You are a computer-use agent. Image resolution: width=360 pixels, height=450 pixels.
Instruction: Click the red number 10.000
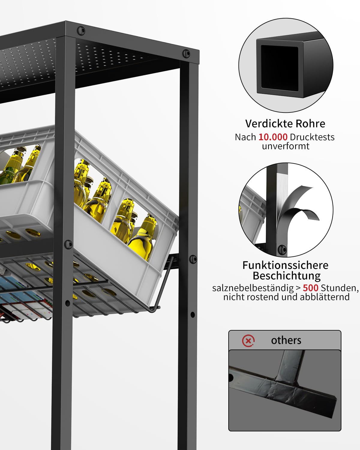point(273,137)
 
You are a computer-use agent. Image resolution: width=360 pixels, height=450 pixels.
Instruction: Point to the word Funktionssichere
point(285,265)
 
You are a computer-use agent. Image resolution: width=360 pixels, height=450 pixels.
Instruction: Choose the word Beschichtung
point(286,276)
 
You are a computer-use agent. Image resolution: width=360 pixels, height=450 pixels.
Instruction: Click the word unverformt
point(286,146)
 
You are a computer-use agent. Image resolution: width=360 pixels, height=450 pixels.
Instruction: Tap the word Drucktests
point(312,137)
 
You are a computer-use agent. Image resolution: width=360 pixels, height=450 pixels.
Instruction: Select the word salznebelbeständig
point(253,288)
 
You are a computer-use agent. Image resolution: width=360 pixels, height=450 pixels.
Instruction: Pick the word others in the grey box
point(286,340)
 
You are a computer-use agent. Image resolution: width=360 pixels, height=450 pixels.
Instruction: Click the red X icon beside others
point(248,341)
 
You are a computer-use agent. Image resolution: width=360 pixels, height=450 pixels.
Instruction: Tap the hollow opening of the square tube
point(280,68)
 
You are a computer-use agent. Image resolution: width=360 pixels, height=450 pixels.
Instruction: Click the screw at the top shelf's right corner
point(186,53)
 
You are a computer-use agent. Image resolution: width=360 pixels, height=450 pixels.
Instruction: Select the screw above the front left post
point(81,31)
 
